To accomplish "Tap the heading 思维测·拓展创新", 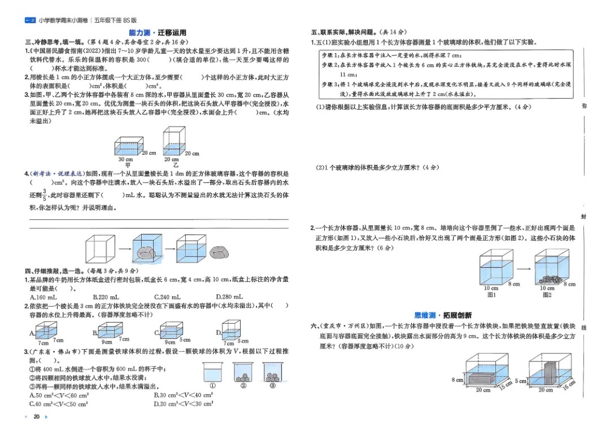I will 443,315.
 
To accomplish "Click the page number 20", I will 37,417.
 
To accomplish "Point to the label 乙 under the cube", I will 175,165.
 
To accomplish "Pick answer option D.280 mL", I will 229,297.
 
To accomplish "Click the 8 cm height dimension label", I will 457,380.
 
